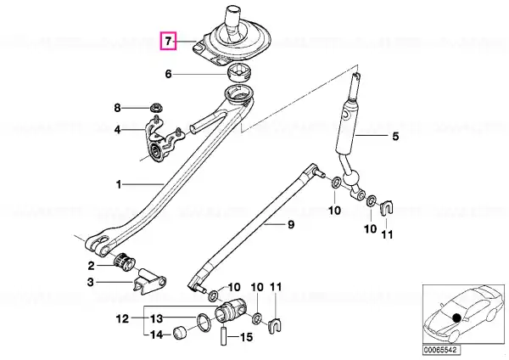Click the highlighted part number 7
(167, 42)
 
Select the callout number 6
(168, 74)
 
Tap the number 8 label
(117, 108)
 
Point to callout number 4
(117, 130)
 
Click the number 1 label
(119, 185)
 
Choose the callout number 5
(395, 136)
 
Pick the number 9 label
(291, 224)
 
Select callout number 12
(123, 318)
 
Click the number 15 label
(245, 337)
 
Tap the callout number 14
(156, 335)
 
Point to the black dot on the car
(456, 318)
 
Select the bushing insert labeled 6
(239, 72)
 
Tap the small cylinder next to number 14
(180, 332)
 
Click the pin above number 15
(224, 335)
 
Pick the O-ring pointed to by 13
(204, 323)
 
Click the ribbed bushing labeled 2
(125, 262)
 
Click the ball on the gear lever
(353, 178)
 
